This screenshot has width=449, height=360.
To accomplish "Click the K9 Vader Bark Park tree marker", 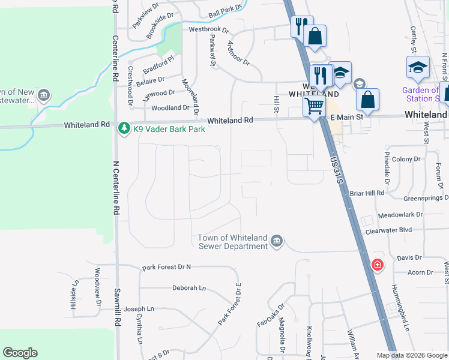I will click(x=124, y=128).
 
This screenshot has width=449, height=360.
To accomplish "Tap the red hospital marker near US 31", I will click(x=377, y=264).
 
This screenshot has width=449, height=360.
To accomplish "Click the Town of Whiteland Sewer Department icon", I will click(x=276, y=241).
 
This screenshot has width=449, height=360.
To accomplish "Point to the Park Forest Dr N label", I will click(x=166, y=267).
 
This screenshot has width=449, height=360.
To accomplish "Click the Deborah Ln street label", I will click(x=189, y=288).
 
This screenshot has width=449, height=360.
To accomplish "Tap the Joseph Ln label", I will click(x=139, y=309).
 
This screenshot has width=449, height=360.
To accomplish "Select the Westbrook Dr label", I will click(x=209, y=29).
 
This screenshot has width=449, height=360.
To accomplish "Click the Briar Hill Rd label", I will click(x=367, y=193).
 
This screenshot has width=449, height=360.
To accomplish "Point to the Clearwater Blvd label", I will click(x=388, y=230).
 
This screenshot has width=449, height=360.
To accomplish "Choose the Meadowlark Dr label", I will click(x=400, y=214).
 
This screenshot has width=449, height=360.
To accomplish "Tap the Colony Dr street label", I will click(x=407, y=159).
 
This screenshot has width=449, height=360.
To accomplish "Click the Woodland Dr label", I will click(x=170, y=108).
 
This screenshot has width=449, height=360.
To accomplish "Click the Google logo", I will click(x=20, y=353).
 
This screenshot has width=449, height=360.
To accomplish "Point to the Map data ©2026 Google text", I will click(x=412, y=355).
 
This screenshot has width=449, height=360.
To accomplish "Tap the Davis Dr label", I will click(x=410, y=258).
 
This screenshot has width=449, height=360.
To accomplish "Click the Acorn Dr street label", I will click(x=420, y=272).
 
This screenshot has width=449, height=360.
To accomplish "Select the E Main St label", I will click(x=347, y=118).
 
